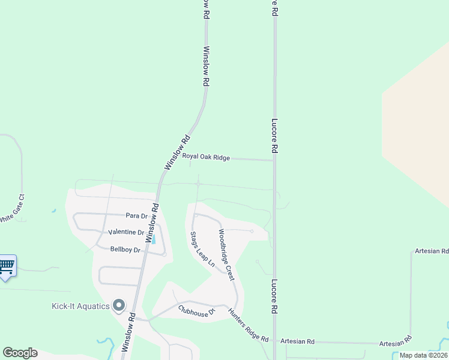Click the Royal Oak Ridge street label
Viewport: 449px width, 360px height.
206,157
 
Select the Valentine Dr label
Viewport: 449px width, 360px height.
126,232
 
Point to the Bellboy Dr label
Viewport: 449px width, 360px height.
125,249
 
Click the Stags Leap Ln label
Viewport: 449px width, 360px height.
202,249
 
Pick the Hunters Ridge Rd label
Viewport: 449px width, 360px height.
247,326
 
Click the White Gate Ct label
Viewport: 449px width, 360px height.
12,208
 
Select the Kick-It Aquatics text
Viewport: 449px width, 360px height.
80,307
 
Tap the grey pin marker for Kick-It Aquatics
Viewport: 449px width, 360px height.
119,306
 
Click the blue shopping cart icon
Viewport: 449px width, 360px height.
7,265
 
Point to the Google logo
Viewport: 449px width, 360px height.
20,353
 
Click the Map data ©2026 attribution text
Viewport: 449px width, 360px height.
423,355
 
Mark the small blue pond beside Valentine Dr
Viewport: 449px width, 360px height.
154,239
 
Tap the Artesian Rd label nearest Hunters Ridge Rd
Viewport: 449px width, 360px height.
303,341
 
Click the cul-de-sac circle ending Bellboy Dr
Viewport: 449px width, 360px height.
164,254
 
